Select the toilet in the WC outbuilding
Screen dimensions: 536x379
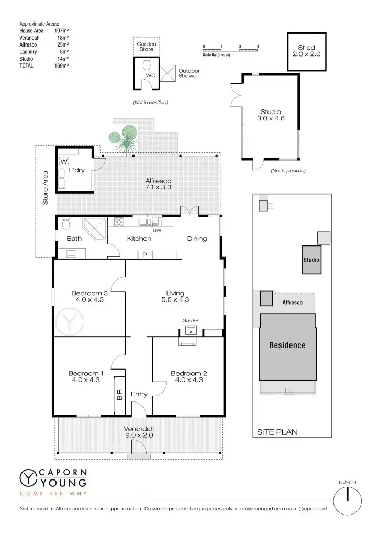point(147,65)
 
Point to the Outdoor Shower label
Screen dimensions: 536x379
point(188,73)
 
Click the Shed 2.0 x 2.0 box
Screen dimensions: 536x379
point(306,51)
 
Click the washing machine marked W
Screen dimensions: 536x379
point(64,161)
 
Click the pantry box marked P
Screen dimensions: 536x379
point(143,255)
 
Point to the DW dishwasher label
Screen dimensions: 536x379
point(156,230)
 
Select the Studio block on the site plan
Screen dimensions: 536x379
point(311,260)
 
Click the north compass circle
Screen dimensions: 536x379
point(347,500)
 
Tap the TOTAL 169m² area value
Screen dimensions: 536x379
point(62,66)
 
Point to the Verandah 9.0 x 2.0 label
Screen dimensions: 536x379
point(139,432)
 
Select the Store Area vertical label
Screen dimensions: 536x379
point(46,187)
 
